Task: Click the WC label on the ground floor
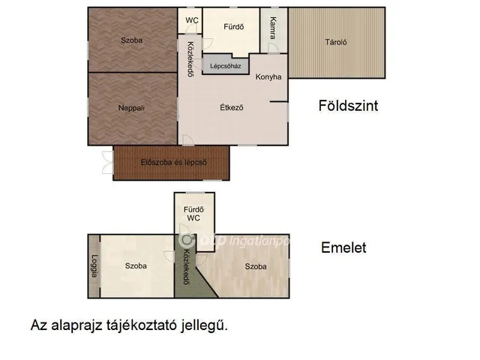[193, 20]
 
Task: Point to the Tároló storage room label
[335, 42]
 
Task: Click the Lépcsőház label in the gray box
[225, 66]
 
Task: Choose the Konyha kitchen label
[268, 77]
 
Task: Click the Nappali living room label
[131, 108]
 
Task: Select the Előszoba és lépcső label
[173, 163]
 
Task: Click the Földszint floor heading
[348, 106]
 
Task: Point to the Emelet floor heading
[343, 247]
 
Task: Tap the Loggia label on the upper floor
[94, 267]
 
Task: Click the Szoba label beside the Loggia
[136, 266]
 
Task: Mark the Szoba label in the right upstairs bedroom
[256, 266]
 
